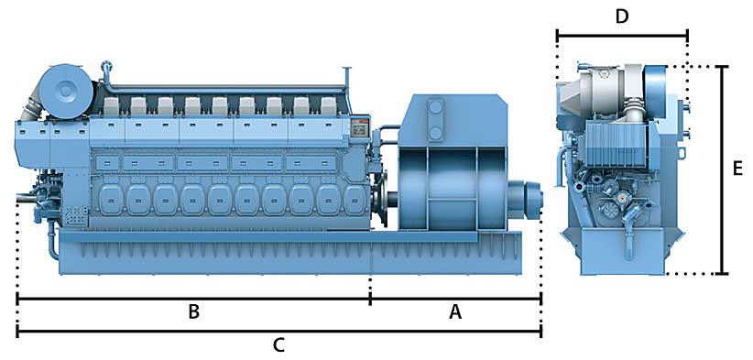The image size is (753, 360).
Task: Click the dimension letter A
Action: [x=454, y=313]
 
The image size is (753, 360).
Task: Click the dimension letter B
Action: [x=193, y=312]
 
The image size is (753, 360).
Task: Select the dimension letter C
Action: [x=279, y=345]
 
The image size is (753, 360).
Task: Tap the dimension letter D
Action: [x=622, y=16]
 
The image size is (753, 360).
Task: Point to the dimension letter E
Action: [x=738, y=169]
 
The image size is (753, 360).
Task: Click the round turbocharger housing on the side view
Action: [x=66, y=91]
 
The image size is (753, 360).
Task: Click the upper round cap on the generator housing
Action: [x=435, y=107]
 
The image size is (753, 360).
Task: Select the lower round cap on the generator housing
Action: [x=435, y=133]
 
